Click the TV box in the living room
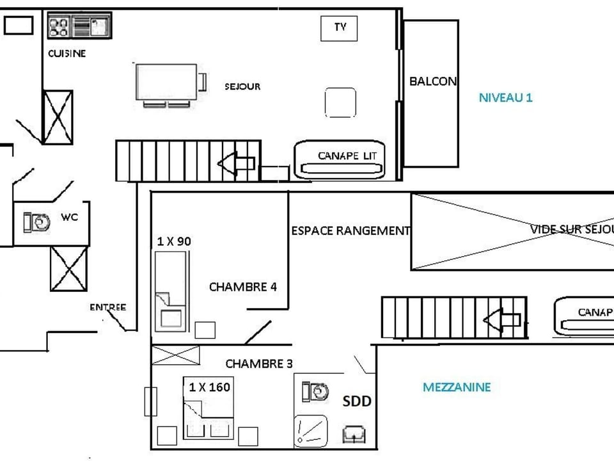(339, 28)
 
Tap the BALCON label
(433, 81)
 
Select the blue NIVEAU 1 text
(505, 98)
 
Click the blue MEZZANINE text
(457, 387)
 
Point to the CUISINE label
(67, 54)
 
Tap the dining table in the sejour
(165, 82)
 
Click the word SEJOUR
(242, 86)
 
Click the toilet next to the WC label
(37, 222)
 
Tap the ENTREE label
(107, 307)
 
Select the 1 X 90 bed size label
(174, 241)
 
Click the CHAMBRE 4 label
(242, 287)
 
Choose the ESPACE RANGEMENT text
(350, 230)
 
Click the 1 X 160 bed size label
(209, 387)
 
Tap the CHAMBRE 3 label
(259, 364)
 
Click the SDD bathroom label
(357, 401)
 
